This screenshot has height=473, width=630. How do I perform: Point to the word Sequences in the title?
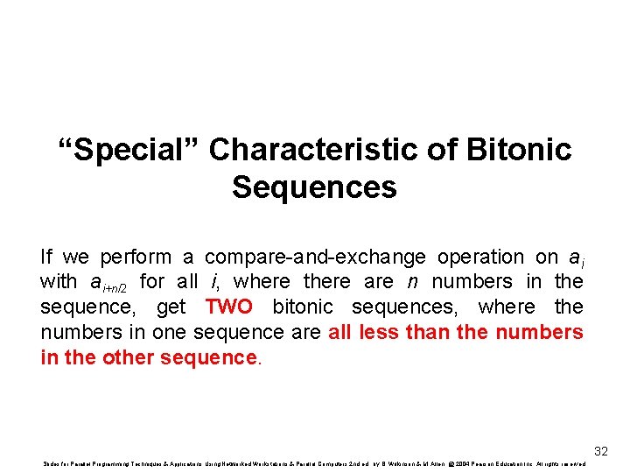click(314, 187)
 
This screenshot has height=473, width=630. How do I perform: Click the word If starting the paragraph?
click(46, 258)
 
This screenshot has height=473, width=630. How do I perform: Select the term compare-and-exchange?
click(315, 258)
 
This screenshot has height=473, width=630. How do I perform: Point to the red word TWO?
click(228, 307)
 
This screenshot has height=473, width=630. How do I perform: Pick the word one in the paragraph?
click(171, 333)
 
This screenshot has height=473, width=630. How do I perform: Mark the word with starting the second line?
click(58, 282)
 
